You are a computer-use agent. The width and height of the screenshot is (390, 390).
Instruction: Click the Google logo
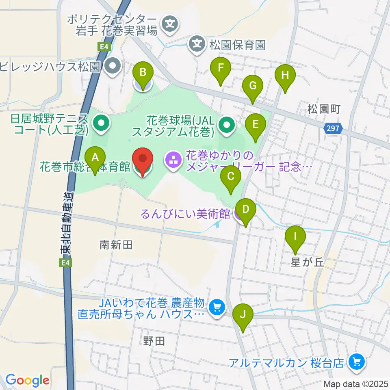coord(27,380)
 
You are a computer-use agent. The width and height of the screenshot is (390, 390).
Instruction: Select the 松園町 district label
coord(323,109)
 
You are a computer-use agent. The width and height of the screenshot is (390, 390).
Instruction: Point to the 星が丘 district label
coord(307,262)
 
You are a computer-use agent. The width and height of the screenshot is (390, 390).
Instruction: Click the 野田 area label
coord(154,341)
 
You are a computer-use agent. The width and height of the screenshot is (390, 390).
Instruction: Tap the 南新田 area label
coord(116,245)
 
